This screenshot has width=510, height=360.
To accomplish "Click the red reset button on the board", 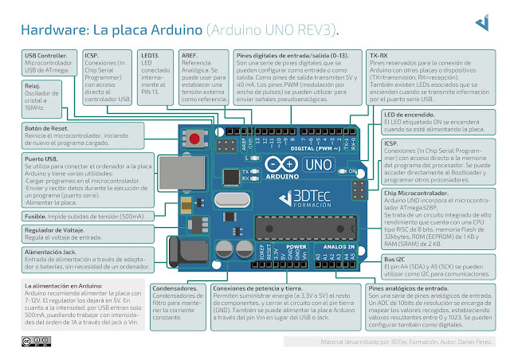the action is click(x=194, y=139).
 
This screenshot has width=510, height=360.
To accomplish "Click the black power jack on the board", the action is click(x=171, y=238).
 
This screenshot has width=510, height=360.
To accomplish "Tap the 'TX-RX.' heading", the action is click(x=379, y=55).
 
